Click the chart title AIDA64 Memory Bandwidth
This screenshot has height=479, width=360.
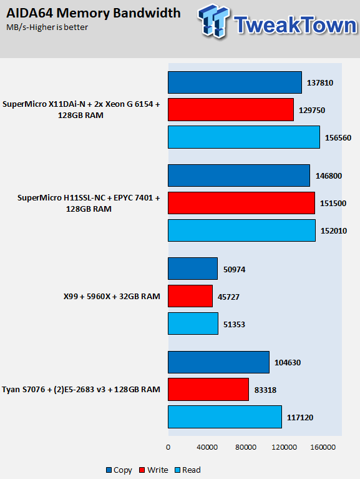click(94, 13)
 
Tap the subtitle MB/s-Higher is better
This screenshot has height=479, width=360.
click(47, 27)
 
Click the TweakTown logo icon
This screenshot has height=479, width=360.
click(213, 21)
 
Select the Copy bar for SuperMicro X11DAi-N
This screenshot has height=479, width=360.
click(235, 82)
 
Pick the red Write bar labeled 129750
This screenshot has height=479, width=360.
click(231, 110)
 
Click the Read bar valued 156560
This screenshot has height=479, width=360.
click(244, 137)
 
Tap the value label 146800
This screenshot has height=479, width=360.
click(329, 176)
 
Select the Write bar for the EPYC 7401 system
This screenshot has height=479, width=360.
click(241, 203)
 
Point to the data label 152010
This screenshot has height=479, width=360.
click(333, 231)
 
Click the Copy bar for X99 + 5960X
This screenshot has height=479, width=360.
click(193, 269)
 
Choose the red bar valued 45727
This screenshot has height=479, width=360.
click(190, 296)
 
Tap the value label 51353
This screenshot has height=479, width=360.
click(234, 324)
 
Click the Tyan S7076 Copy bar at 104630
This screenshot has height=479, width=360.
click(219, 362)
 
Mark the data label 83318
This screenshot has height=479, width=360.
click(265, 390)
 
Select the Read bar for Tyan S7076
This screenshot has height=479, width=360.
click(225, 417)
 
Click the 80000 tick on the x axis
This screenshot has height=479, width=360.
click(246, 447)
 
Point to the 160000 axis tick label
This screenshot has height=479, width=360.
click(323, 447)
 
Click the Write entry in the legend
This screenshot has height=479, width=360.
click(153, 470)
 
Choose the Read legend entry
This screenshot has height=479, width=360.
click(187, 470)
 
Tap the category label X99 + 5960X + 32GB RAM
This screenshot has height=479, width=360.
click(112, 296)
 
